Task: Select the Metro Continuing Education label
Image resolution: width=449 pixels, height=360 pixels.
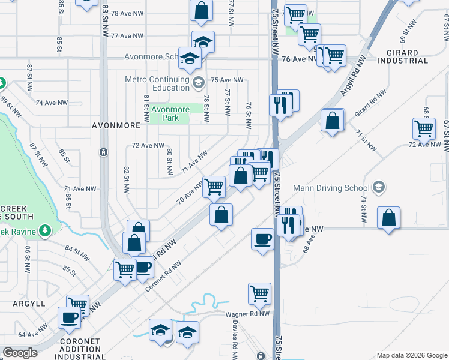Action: pos(157,83)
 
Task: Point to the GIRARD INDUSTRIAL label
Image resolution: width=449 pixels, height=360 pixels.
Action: pos(403,56)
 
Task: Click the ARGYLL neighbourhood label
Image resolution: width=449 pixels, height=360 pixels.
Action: pos(29,304)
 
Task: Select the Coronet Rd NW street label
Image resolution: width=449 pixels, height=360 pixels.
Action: pos(163,277)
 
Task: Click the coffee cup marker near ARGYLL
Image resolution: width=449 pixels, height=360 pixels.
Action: pos(69,317)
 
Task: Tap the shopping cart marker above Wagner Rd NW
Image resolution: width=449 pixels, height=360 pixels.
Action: pos(259,293)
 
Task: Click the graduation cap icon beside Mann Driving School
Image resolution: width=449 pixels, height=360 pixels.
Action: pos(379,188)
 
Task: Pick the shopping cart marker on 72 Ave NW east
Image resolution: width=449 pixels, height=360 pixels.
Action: pos(424,128)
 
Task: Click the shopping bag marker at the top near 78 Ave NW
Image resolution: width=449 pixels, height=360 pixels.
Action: pos(201,10)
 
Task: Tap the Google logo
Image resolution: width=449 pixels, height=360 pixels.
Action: pos(20,353)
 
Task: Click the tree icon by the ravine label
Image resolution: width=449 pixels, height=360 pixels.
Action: pos(44,231)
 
